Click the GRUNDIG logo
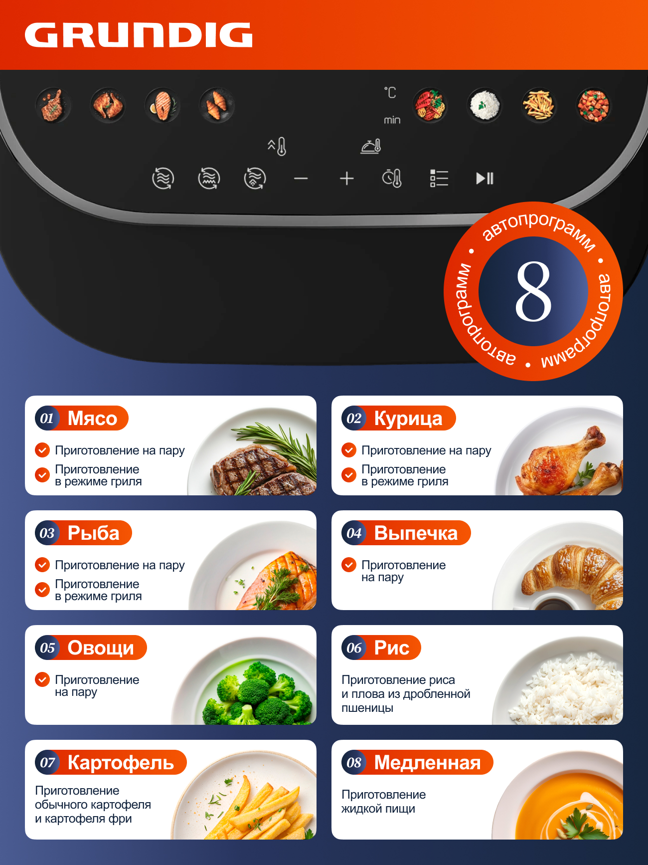(x=139, y=35)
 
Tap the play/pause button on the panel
(x=485, y=178)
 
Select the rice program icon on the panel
(x=484, y=105)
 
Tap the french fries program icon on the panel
(x=538, y=105)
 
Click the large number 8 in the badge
(x=533, y=291)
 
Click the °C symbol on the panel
(x=390, y=92)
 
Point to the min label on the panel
(x=392, y=120)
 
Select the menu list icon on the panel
(x=439, y=178)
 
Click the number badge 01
(x=47, y=418)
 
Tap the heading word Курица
(x=408, y=419)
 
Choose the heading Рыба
(x=93, y=533)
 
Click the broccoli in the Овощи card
(x=257, y=693)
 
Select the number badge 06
(x=354, y=648)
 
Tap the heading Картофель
(x=121, y=762)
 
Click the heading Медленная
(x=427, y=762)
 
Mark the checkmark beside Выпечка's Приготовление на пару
(x=349, y=565)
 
